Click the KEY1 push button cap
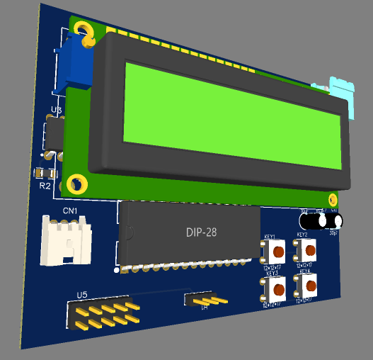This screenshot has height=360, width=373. [277, 251]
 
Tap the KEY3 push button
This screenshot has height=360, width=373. [277, 288]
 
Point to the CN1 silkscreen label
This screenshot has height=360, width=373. [70, 211]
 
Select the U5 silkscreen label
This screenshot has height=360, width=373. [81, 294]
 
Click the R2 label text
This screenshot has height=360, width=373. [45, 186]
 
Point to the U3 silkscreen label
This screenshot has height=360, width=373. [57, 111]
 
